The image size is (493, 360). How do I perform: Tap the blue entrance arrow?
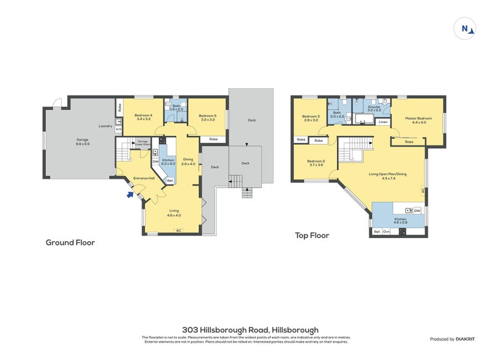tap(129, 195)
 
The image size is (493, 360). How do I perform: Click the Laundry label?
tap(104, 126)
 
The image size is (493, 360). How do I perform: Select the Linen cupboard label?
tap(383, 122)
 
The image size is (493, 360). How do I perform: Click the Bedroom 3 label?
tap(311, 118)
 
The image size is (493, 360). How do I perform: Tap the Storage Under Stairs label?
tap(142, 142)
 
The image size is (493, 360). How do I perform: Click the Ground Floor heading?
tap(70, 242)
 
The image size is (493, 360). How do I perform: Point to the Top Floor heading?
tap(312, 235)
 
